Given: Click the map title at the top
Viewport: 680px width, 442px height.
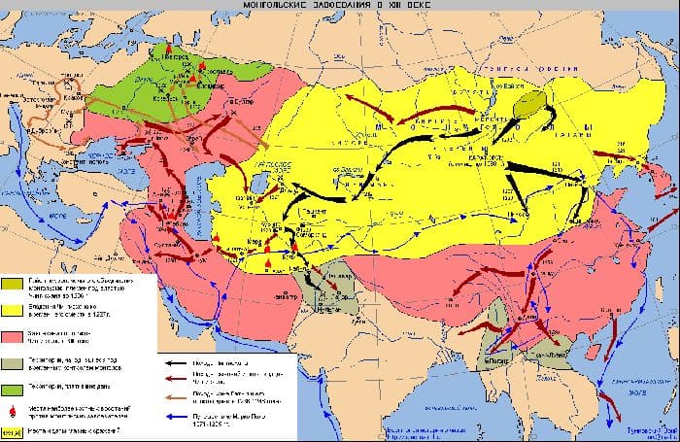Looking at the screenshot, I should click(341, 9).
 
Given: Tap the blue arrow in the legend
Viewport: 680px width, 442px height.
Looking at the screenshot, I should click(176, 415).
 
